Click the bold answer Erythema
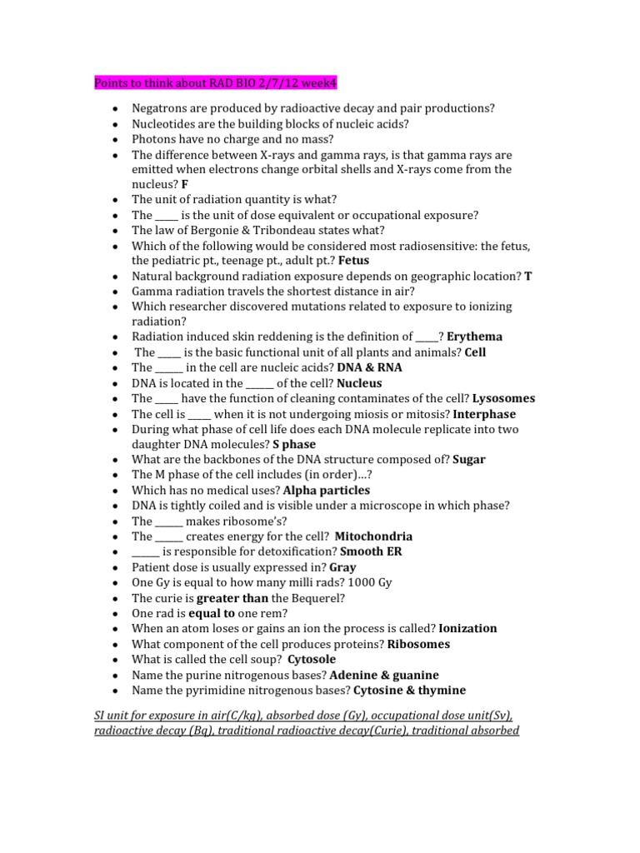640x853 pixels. [x=474, y=337]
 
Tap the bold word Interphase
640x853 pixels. [x=484, y=414]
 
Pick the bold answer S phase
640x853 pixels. [x=294, y=445]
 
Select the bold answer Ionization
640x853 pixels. [x=467, y=628]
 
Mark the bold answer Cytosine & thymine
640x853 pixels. [x=409, y=690]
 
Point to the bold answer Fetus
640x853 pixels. [x=354, y=260]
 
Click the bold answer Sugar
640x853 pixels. [x=469, y=460]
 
